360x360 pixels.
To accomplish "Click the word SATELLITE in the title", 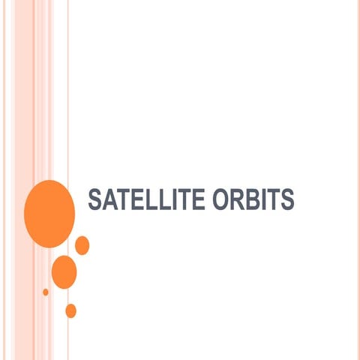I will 139,199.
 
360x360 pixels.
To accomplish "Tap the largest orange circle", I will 49,213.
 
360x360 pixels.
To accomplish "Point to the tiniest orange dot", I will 46,292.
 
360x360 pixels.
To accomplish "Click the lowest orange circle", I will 70,310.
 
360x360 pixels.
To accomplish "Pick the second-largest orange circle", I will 64,271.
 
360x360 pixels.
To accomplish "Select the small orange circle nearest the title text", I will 82,245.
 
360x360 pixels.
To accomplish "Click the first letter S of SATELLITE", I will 95,199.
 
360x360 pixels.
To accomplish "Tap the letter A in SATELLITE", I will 108,199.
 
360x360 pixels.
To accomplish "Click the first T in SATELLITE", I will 119,199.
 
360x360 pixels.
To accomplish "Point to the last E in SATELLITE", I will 184,199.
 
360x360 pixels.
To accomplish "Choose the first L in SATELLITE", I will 143,199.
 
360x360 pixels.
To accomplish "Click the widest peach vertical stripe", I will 22,90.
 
